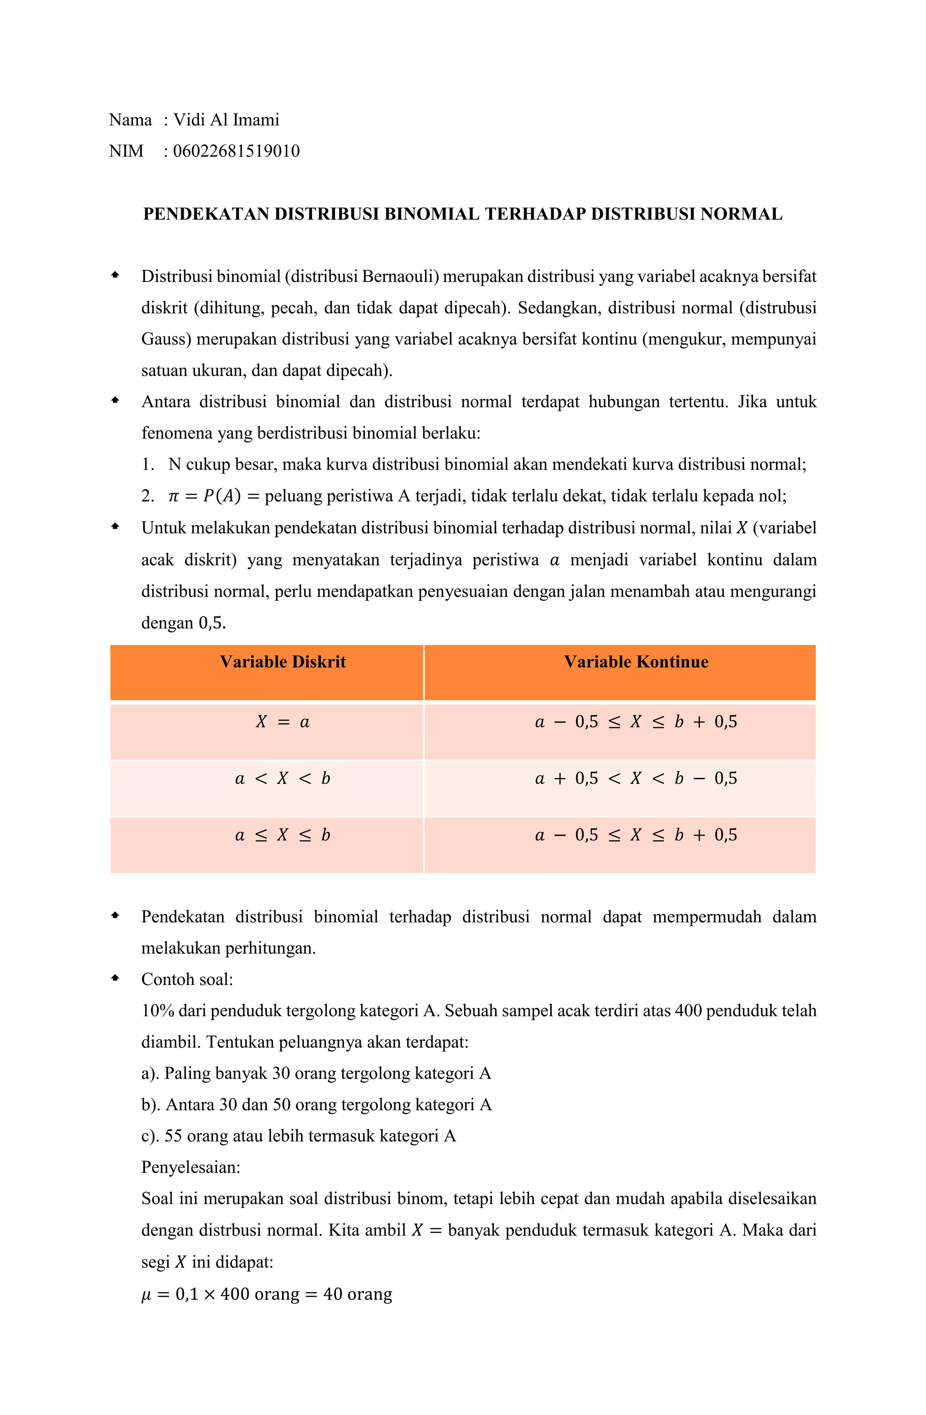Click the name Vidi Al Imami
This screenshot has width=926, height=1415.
[226, 120]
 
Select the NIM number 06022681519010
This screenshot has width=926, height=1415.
[236, 151]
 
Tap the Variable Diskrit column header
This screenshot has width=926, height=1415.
[283, 662]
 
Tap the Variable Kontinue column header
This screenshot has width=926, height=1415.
[636, 662]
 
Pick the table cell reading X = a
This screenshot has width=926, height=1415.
[283, 722]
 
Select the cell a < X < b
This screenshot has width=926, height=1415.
[283, 779]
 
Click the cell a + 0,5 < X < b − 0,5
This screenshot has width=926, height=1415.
[636, 779]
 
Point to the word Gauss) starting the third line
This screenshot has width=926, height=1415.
[166, 340]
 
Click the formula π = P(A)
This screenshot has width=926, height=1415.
[204, 496]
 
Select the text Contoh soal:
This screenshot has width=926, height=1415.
[187, 979]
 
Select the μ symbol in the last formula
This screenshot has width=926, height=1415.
[146, 1295]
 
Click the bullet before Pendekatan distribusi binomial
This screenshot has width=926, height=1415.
[115, 915]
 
